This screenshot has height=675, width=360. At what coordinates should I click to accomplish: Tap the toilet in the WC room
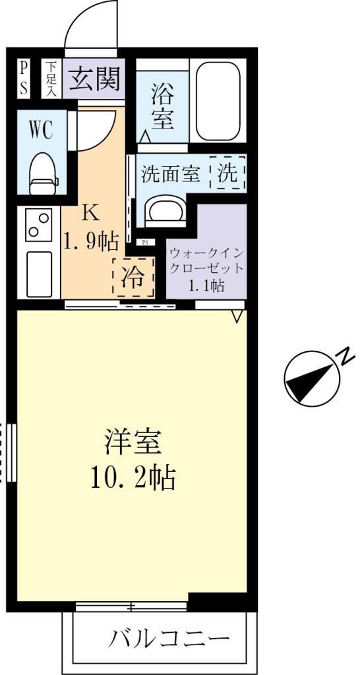pos(44,172)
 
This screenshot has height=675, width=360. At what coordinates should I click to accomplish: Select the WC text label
pos(41,130)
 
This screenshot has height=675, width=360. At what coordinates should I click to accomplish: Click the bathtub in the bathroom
pos(218,102)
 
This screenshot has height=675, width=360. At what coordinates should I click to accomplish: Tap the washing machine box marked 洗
pos(227,173)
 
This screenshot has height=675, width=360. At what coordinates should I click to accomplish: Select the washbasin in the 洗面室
pos(164,210)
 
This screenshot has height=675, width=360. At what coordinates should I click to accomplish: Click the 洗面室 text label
pos(170,174)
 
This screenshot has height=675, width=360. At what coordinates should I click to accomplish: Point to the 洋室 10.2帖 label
pos(133,459)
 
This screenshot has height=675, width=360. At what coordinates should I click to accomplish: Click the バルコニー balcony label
pos(170,638)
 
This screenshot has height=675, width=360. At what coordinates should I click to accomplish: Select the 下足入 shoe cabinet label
pos(51,79)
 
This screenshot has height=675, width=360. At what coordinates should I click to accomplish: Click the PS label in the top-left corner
pos(24,79)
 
